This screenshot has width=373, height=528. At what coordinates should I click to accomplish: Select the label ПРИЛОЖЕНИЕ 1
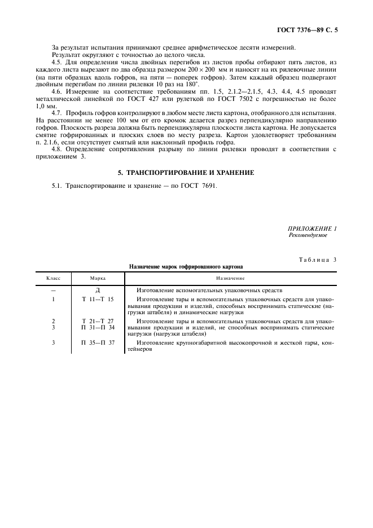click(x=313, y=228)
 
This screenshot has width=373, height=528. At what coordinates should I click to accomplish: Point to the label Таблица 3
click(x=317, y=259)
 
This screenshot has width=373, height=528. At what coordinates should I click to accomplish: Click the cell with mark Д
click(x=98, y=289)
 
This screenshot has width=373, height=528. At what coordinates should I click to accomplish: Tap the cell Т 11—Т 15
click(x=98, y=299)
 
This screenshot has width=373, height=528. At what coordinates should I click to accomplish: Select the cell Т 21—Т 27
click(x=98, y=320)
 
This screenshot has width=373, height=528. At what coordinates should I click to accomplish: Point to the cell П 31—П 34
click(x=98, y=327)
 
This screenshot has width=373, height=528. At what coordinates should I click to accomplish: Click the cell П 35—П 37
click(x=98, y=342)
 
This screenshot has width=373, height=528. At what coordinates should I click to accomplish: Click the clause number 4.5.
click(x=57, y=61)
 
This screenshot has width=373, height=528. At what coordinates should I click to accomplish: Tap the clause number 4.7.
click(x=57, y=113)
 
